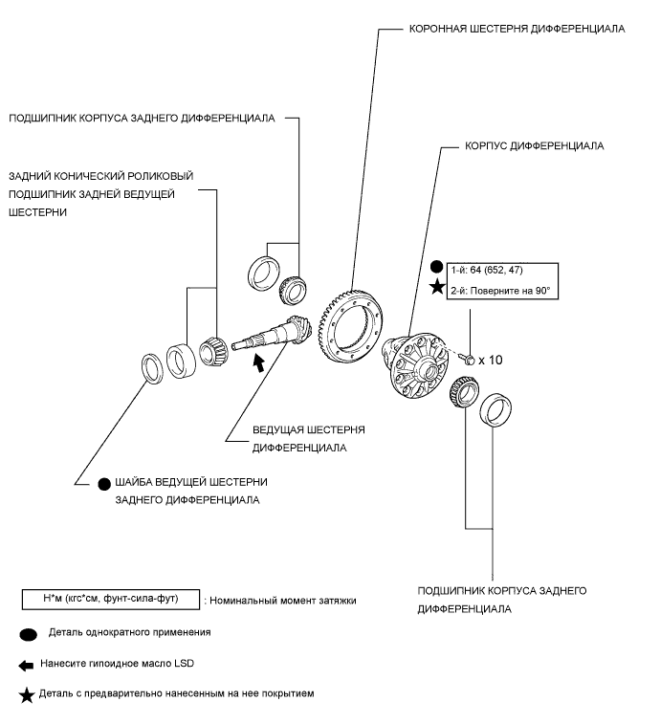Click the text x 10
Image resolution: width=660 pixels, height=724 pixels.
click(489, 361)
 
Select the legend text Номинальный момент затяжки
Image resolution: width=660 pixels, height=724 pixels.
click(280, 600)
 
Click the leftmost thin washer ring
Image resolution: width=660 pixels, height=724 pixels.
click(151, 367)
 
